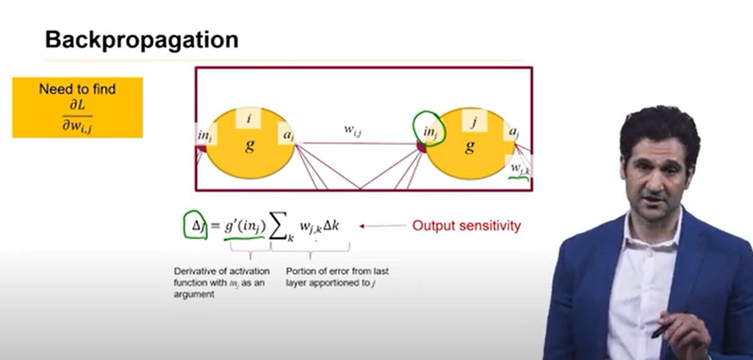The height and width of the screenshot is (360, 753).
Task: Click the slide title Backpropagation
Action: point(141,40)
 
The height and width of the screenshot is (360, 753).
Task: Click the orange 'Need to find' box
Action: point(77,107)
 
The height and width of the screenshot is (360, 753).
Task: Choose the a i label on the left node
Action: point(286,133)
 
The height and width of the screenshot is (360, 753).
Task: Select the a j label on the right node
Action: point(513,132)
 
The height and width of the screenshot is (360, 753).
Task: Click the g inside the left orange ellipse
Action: point(250,146)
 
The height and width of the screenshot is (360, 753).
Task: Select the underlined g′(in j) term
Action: point(245,226)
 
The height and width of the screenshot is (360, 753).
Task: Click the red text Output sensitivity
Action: point(466,226)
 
